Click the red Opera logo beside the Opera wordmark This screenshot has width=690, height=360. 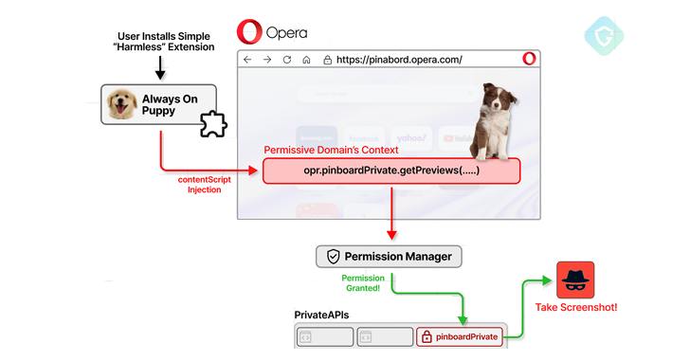click(x=250, y=31)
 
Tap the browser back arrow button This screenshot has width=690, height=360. click(x=247, y=59)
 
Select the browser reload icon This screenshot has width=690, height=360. click(x=286, y=59)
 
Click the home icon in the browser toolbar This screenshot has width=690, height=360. click(x=306, y=59)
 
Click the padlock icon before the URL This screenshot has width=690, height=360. click(x=328, y=59)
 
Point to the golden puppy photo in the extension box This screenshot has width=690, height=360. click(x=120, y=105)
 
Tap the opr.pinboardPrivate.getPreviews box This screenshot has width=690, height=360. click(x=390, y=171)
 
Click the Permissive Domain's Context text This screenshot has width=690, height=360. click(x=331, y=150)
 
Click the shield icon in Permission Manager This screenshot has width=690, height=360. click(x=333, y=256)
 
